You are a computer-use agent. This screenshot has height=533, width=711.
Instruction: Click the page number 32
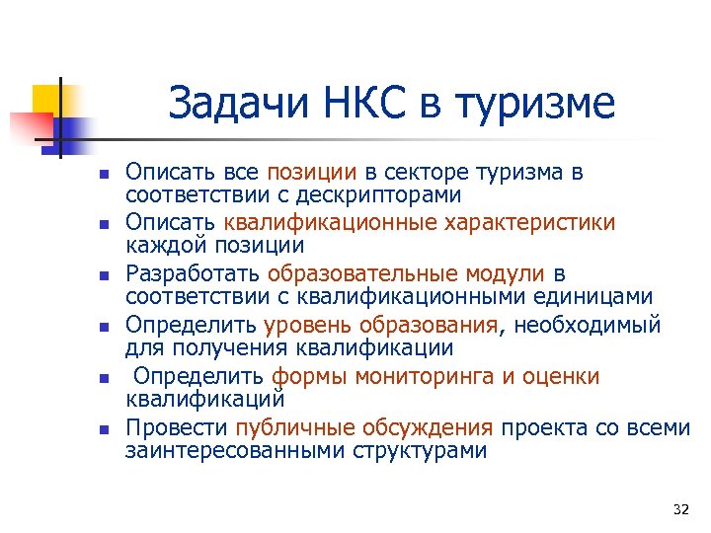(679, 509)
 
